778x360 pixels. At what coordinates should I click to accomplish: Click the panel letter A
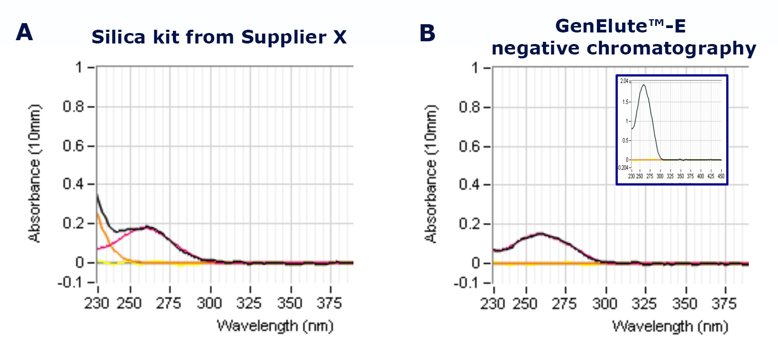(x=24, y=32)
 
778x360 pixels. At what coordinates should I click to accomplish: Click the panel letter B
(x=427, y=33)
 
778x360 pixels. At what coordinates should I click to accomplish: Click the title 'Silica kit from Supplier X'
(x=219, y=37)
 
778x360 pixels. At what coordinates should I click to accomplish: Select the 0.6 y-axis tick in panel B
(x=471, y=146)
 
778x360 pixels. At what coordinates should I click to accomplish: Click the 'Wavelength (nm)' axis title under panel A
(x=275, y=326)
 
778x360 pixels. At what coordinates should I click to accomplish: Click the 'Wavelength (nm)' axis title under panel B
(x=670, y=326)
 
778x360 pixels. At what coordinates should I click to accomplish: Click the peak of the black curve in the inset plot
(x=643, y=85)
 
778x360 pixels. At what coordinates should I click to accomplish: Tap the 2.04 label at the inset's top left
(x=624, y=81)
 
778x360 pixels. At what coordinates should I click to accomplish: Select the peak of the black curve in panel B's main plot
(x=541, y=233)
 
